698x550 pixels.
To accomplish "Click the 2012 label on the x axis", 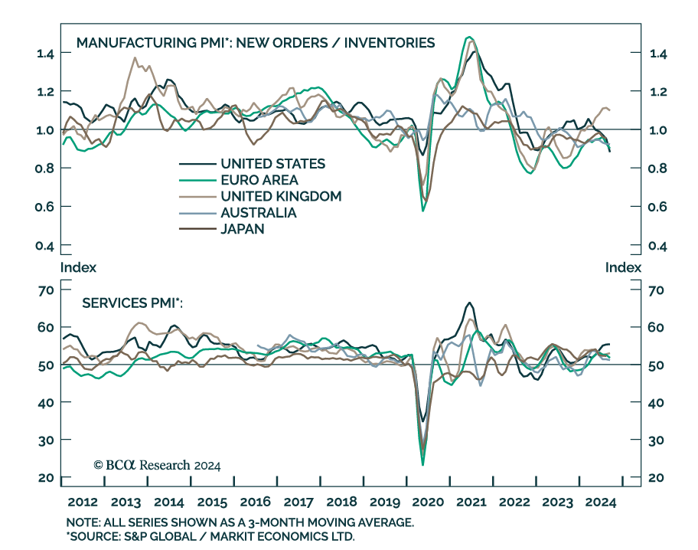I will pyautogui.click(x=83, y=503).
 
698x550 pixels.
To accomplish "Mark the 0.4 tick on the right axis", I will pyautogui.click(x=658, y=246).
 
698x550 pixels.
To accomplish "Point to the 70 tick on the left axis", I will pyautogui.click(x=44, y=290).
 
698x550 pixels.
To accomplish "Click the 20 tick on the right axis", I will pyautogui.click(x=657, y=478).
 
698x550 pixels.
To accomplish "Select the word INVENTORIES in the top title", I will pyautogui.click(x=389, y=42).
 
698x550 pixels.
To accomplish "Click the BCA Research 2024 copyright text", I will pyautogui.click(x=157, y=465).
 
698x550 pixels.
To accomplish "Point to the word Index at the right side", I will pyautogui.click(x=623, y=267).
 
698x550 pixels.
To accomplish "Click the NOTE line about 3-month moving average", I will pyautogui.click(x=240, y=522).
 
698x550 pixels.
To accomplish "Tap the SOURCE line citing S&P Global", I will pyautogui.click(x=211, y=535).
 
